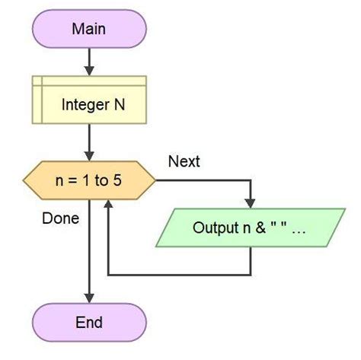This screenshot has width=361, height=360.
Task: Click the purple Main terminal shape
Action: (89, 29)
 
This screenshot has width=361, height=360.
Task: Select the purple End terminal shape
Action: (89, 323)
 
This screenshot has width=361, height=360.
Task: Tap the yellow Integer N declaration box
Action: (89, 104)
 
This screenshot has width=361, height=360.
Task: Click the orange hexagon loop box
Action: (89, 181)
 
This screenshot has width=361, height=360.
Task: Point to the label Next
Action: (184, 161)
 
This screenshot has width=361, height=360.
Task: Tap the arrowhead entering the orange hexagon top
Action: (89, 156)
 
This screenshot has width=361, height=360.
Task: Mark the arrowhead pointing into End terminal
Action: (89, 298)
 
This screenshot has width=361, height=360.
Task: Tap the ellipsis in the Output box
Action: (298, 228)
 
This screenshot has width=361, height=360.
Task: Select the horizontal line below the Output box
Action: (180, 273)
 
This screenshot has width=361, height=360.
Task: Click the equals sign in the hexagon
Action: (71, 181)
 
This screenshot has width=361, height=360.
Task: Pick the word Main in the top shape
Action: (89, 29)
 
